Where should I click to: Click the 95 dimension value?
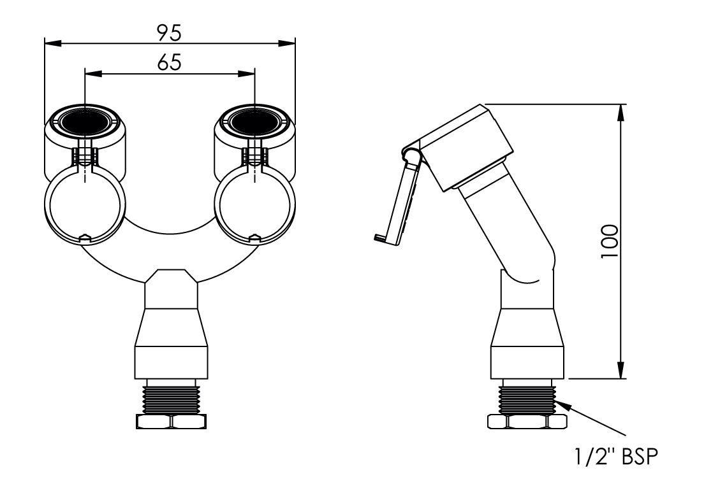click(x=169, y=32)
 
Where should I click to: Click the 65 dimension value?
click(x=169, y=62)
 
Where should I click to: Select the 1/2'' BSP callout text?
click(x=616, y=457)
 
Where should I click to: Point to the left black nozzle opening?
click(x=85, y=122)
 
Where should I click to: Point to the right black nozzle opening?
click(x=255, y=122)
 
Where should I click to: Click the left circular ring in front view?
click(x=85, y=204)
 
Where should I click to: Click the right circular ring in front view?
click(x=255, y=204)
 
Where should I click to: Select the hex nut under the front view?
click(x=171, y=422)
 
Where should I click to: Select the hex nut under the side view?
click(x=527, y=422)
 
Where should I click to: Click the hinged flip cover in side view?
click(x=399, y=199)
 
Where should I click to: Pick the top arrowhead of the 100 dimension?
click(x=621, y=113)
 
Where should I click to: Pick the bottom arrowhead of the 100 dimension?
click(x=621, y=369)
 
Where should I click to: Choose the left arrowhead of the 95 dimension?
click(x=54, y=43)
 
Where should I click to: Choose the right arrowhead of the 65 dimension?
click(x=246, y=73)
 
